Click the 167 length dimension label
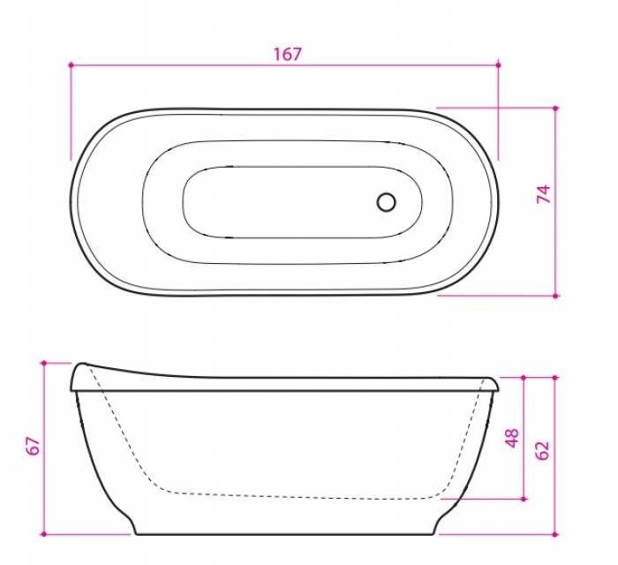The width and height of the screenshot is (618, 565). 287,55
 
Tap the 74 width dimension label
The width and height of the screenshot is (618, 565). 544,194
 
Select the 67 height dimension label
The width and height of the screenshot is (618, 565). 34,446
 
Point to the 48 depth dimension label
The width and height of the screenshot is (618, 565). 512,438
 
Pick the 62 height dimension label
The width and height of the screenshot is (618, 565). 542,450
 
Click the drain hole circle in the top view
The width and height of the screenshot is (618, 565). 386,202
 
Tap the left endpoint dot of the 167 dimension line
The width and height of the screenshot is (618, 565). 71,64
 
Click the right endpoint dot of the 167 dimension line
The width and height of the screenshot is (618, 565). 499,64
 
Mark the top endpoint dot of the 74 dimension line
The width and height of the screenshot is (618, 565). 555,108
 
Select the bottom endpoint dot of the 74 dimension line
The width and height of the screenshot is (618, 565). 555,296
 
